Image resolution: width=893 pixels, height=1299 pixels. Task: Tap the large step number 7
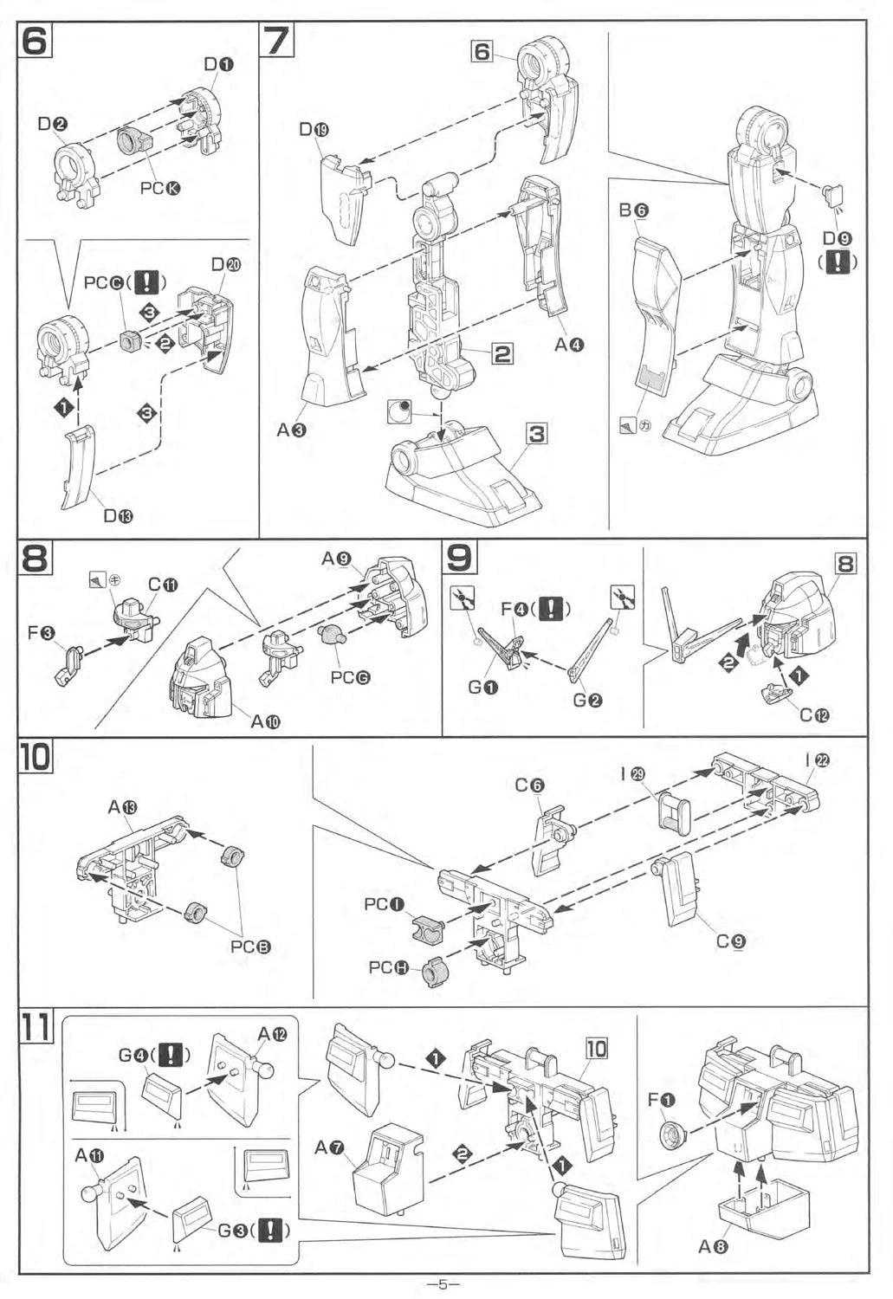279,40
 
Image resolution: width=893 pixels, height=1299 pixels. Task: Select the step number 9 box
459,557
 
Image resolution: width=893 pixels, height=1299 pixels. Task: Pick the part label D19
314,130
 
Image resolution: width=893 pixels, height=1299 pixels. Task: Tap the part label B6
634,210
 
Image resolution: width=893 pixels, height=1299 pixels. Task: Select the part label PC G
350,677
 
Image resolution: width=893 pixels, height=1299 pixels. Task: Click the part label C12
814,715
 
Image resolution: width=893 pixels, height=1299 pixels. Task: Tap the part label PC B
250,947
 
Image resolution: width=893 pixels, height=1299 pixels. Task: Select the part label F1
661,1100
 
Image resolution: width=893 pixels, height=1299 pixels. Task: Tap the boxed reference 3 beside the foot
537,433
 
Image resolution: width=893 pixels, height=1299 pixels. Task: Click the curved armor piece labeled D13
78,466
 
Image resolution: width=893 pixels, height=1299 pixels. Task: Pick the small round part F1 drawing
671,1134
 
